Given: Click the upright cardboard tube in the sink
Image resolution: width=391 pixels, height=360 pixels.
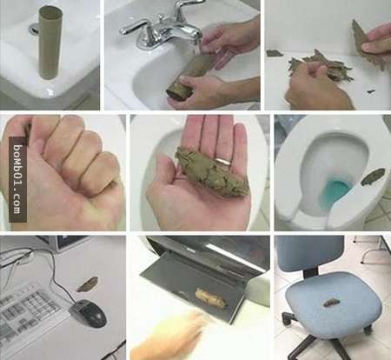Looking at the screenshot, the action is pyautogui.click(x=50, y=43).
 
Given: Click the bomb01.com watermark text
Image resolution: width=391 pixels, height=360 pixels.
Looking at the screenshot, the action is pyautogui.click(x=17, y=179).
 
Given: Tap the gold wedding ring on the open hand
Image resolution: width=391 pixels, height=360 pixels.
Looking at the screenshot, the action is pyautogui.click(x=223, y=161).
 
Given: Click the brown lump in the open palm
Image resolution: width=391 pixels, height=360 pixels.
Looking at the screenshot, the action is pyautogui.click(x=211, y=172).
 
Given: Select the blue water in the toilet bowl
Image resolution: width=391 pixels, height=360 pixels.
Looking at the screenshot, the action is pyautogui.click(x=336, y=193).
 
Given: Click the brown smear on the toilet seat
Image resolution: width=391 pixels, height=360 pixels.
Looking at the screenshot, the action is pyautogui.click(x=373, y=177).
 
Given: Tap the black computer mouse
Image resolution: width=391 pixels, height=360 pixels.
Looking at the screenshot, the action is pyautogui.click(x=89, y=313).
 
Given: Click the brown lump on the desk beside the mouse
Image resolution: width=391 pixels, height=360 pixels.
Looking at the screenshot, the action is pyautogui.click(x=88, y=283).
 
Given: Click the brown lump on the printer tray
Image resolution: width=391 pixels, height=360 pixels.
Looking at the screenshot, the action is pyautogui.click(x=211, y=298).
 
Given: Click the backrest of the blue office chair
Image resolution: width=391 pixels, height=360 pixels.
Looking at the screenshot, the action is pyautogui.click(x=310, y=252).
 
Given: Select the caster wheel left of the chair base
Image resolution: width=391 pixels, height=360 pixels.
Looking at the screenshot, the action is pyautogui.click(x=288, y=319).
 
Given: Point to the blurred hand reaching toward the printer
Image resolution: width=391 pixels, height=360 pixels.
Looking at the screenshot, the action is pyautogui.click(x=171, y=333).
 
